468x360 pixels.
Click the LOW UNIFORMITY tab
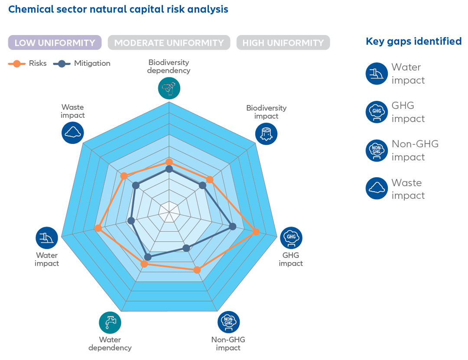[55, 43]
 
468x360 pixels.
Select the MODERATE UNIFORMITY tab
[169, 43]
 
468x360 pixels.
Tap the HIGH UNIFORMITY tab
[283, 43]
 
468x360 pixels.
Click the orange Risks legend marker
[17, 64]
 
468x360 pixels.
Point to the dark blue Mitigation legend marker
[62, 64]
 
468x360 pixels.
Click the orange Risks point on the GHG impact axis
[256, 232]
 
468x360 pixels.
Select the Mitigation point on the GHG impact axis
[233, 226]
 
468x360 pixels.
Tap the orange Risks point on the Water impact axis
[98, 228]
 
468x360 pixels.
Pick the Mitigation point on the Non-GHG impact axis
[186, 248]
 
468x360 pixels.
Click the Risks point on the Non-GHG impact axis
[197, 270]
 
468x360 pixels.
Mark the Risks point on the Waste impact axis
[124, 176]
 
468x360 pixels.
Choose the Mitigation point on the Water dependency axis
[148, 257]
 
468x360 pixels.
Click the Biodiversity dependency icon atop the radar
[169, 88]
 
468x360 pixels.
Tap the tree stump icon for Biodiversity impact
[266, 133]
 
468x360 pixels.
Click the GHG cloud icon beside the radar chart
[291, 238]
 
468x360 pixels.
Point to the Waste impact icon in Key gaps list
[377, 188]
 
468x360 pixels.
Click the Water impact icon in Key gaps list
[377, 74]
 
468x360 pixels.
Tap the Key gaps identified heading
[413, 42]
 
